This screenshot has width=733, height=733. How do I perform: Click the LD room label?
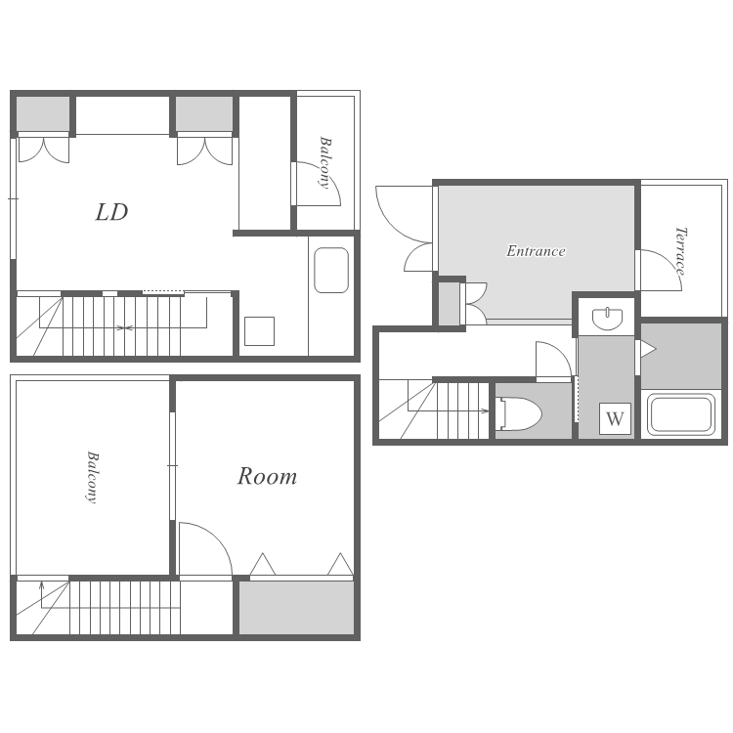tap(111, 212)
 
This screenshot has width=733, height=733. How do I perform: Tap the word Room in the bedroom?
tap(267, 476)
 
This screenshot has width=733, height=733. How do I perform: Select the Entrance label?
tap(536, 251)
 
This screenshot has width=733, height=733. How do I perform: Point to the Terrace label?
tap(680, 251)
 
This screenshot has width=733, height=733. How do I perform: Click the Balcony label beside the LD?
tap(324, 162)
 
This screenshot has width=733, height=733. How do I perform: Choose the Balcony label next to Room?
tap(93, 477)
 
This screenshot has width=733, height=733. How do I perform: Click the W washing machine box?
tap(615, 418)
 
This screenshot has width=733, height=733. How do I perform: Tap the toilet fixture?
tap(520, 413)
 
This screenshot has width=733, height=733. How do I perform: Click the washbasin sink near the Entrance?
tap(607, 319)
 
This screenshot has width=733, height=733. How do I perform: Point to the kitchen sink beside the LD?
tap(331, 270)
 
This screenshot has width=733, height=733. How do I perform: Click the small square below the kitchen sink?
tap(259, 331)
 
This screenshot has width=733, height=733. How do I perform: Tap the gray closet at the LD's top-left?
tap(43, 114)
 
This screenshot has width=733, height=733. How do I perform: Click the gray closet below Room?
tap(296, 608)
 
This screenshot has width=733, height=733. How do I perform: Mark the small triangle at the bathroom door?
tap(649, 349)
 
